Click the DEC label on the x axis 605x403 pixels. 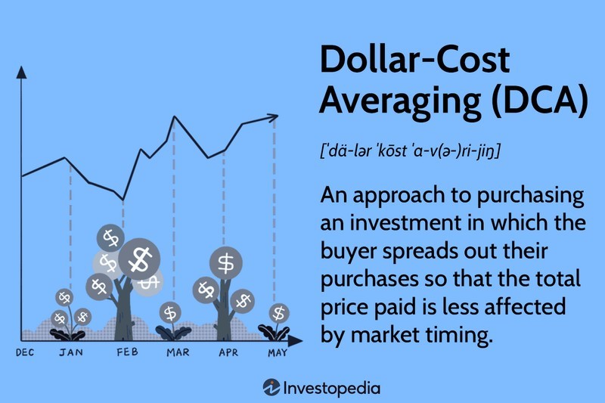pos(26,352)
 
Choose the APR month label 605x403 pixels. pos(227,352)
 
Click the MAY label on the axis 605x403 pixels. pos(277,352)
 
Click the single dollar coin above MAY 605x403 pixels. pos(279,312)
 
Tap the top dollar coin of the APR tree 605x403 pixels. pos(225,262)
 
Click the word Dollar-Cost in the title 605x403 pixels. pos(414,60)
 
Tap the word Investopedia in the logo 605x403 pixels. pos(333,388)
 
